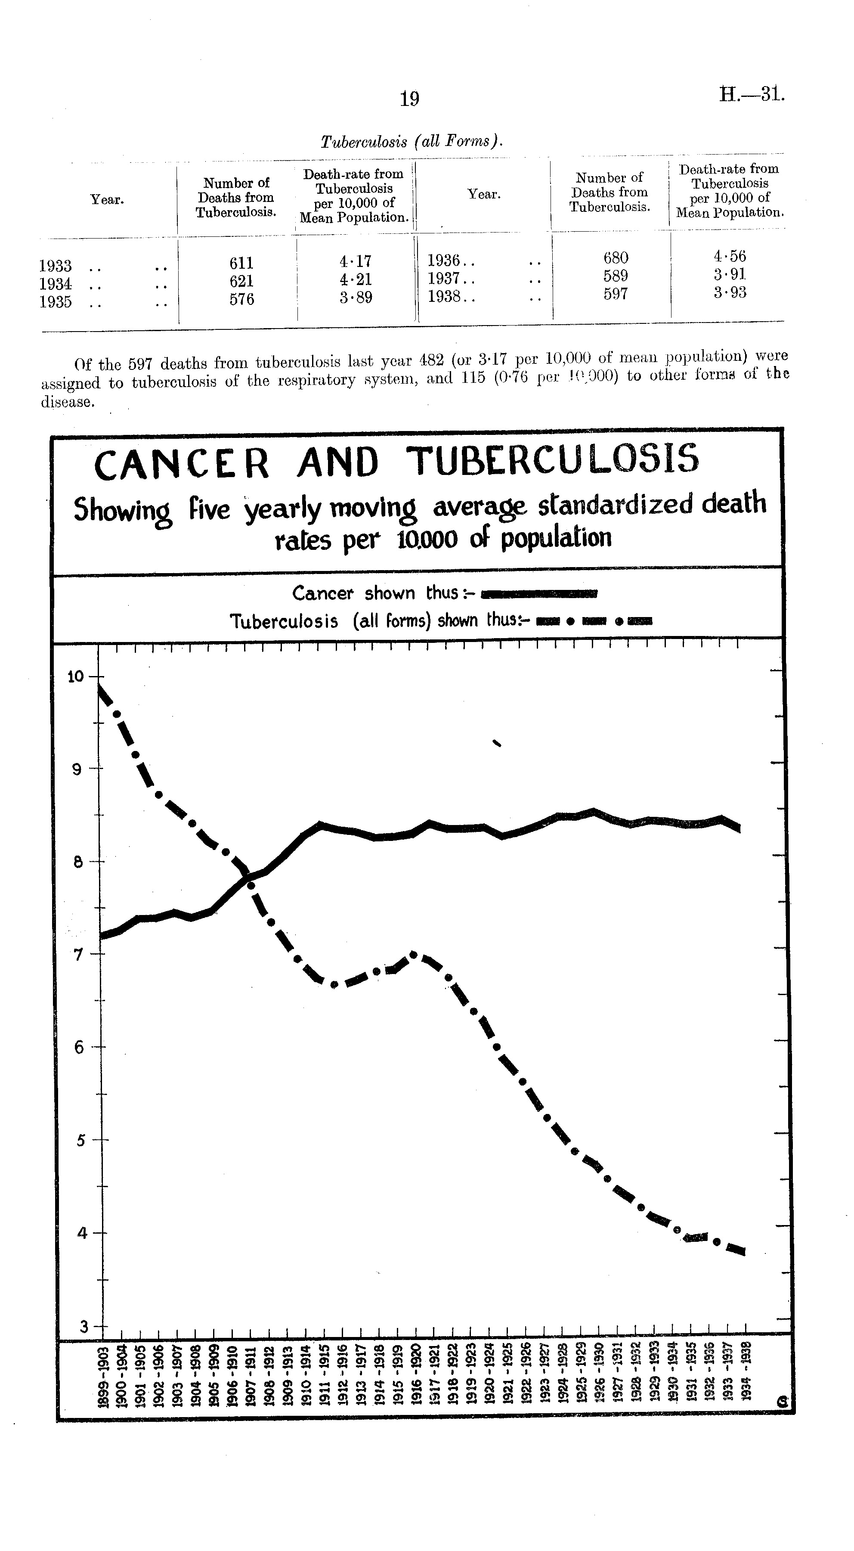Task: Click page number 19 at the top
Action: [x=409, y=98]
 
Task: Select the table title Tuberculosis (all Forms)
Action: [x=411, y=142]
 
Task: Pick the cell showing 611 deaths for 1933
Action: [x=241, y=263]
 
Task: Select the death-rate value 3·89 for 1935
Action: [x=355, y=298]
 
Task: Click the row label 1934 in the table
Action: [x=56, y=284]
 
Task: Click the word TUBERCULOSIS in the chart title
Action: [x=553, y=460]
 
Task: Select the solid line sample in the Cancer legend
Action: [x=539, y=594]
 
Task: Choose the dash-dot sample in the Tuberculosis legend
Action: [x=593, y=621]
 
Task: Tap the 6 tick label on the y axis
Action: [x=78, y=1048]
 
